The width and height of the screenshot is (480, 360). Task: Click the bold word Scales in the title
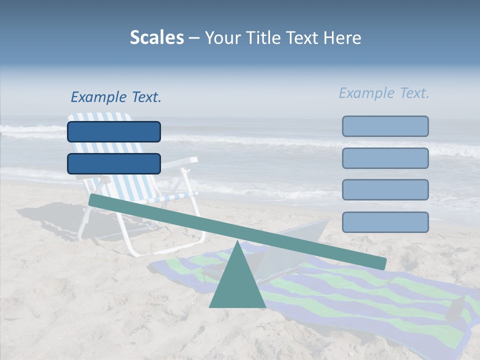coord(156,38)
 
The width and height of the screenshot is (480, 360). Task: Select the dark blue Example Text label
coord(116,97)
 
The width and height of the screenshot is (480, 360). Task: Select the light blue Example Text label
coord(384,93)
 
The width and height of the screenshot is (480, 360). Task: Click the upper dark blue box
coord(114,131)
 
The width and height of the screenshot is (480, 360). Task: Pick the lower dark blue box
coord(114,163)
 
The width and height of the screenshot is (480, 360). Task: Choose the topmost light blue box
coord(385,126)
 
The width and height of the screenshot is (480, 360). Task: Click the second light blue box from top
coord(385,158)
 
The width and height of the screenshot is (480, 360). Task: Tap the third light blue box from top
coord(385,190)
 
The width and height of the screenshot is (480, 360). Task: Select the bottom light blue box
coord(385,222)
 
